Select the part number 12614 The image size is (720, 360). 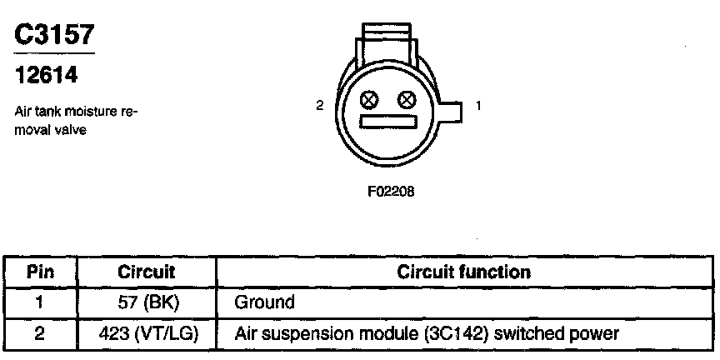[47, 76]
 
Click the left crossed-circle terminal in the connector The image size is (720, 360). [368, 102]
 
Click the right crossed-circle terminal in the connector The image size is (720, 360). [407, 102]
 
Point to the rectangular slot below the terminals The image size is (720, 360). [387, 122]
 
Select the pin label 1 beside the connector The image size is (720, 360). [477, 106]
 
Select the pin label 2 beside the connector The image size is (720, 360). [319, 106]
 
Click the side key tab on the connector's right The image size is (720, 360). [450, 112]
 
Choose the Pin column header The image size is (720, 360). [41, 272]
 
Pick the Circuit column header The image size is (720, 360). [147, 272]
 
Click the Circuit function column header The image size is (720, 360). [463, 272]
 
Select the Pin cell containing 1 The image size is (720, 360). [41, 301]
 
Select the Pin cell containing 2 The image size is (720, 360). [41, 333]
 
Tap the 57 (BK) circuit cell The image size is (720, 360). [147, 301]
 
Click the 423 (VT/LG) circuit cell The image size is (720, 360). [147, 333]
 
